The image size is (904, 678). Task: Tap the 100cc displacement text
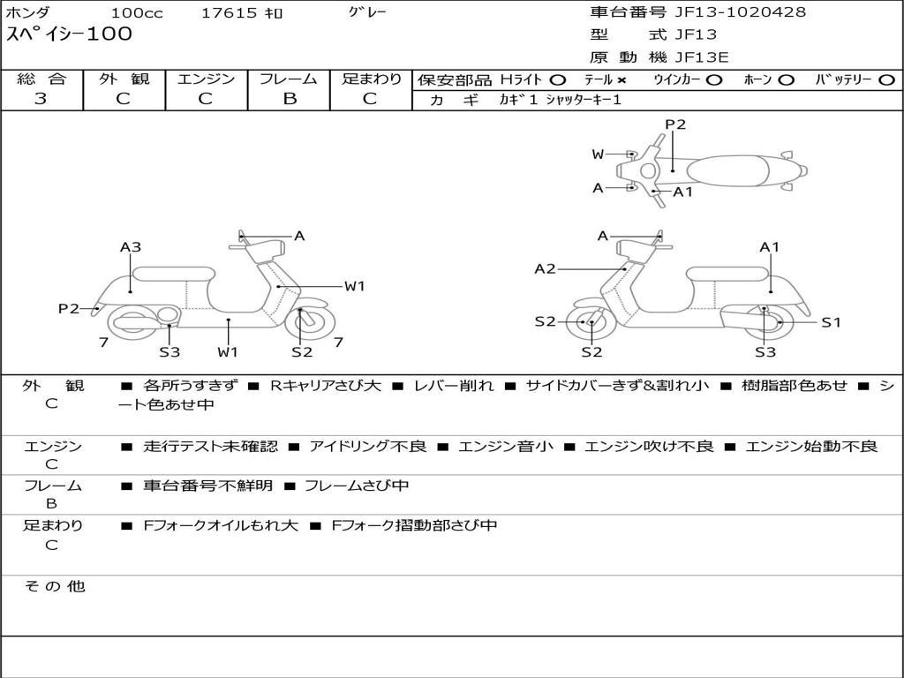(132, 13)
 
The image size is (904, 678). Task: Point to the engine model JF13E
(703, 57)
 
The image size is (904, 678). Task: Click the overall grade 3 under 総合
(41, 99)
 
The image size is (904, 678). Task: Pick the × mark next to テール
(621, 79)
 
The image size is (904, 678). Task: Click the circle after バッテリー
(885, 79)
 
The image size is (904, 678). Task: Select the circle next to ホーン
(786, 79)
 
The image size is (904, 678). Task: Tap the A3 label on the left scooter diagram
(131, 247)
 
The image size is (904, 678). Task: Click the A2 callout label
(546, 268)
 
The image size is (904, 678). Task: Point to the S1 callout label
(831, 322)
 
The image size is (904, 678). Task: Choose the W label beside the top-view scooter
(598, 154)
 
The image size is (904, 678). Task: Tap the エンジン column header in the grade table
(206, 79)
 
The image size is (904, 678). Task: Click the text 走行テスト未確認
(210, 447)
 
